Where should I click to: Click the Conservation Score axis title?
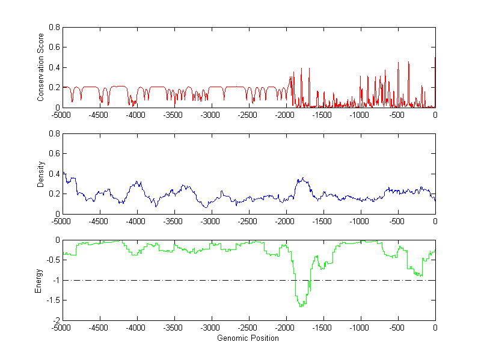[x=41, y=67]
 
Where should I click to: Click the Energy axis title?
[x=39, y=280]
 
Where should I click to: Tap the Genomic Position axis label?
[x=248, y=338]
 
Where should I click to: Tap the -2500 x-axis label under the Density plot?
[x=249, y=221]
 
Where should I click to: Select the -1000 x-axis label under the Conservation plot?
[x=361, y=115]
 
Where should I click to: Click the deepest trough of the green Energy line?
[x=300, y=307]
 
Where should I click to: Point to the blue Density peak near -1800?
[x=303, y=178]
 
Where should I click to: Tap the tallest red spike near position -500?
[x=408, y=62]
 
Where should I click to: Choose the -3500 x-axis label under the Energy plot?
[x=174, y=328]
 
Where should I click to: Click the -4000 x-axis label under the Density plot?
[x=137, y=221]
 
